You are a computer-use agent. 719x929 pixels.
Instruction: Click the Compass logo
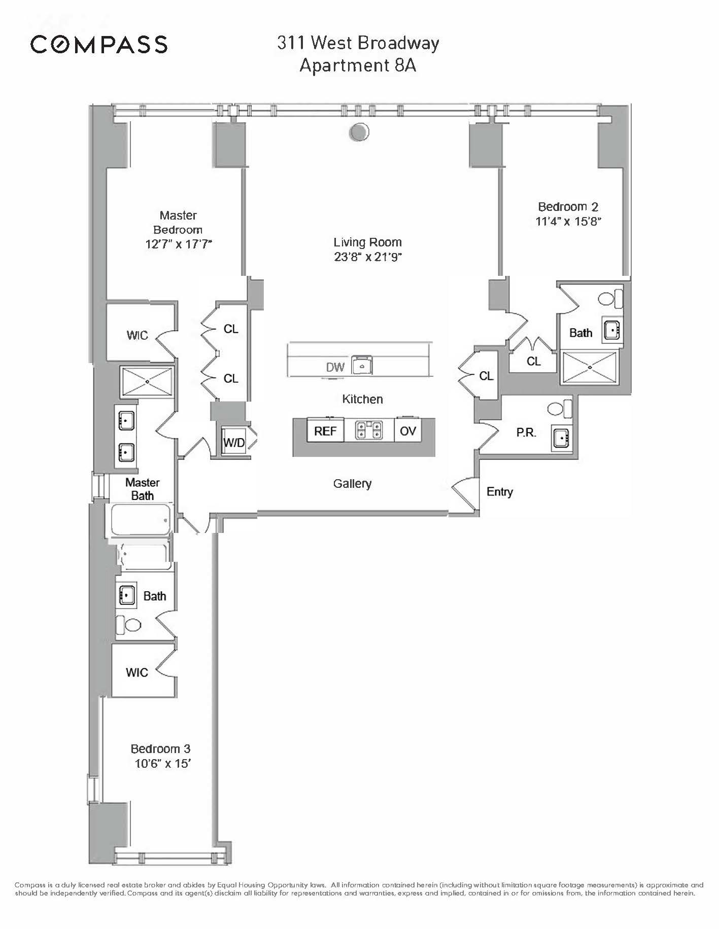99,45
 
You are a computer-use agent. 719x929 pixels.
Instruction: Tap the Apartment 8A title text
358,66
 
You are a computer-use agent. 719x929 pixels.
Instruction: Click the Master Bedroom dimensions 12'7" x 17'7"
178,244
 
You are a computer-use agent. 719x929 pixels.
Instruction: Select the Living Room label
367,242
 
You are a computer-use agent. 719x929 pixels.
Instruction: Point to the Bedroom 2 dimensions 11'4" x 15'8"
568,222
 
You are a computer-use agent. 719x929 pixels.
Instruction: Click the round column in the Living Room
359,132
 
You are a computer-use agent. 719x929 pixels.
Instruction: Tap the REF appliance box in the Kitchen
325,431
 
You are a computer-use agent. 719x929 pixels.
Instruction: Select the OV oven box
407,431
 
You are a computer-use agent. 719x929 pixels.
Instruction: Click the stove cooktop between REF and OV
368,431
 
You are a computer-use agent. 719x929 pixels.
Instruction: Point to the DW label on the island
335,367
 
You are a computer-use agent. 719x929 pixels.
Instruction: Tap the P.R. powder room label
526,433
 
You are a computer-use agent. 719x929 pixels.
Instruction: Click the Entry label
499,491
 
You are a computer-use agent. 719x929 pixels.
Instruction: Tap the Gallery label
352,484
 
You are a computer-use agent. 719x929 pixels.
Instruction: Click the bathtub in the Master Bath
141,519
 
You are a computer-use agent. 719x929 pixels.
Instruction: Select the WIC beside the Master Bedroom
137,335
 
